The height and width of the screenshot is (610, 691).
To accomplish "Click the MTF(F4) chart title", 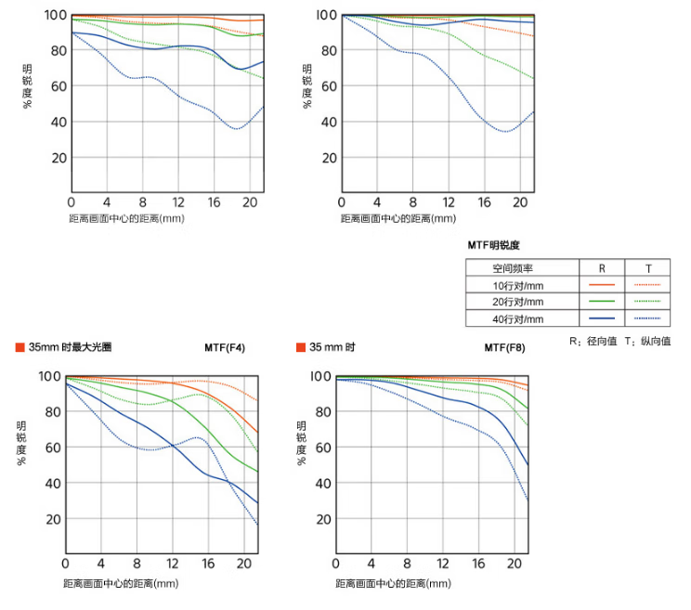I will click(225, 348).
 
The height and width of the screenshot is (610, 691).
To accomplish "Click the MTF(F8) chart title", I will click(504, 348).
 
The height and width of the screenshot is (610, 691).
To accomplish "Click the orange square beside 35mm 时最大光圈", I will click(20, 348).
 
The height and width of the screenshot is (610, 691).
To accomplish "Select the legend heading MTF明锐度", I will click(494, 245).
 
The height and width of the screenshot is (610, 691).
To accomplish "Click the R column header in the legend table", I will click(602, 267).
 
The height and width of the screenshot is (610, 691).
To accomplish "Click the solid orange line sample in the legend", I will click(602, 284).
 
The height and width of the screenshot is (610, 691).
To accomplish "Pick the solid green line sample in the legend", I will click(602, 301).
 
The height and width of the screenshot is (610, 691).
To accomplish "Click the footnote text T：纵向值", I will click(647, 342).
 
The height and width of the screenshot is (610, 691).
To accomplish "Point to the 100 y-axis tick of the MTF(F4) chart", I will click(48, 376).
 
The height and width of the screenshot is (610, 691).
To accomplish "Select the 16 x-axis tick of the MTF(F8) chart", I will click(478, 565).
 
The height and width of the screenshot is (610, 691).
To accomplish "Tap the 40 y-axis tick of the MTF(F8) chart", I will click(321, 483).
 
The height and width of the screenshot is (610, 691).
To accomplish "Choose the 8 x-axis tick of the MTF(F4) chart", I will click(137, 565).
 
